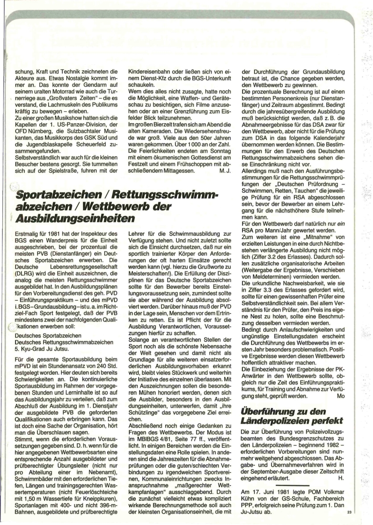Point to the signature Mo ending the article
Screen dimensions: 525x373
[x=341, y=396]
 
